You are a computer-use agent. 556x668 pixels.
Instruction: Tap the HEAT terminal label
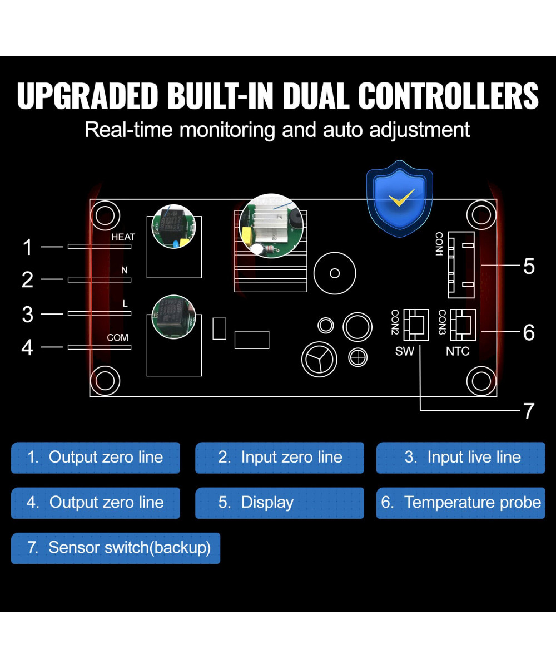pyautogui.click(x=123, y=237)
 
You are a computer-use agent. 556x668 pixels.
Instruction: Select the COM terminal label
pyautogui.click(x=117, y=337)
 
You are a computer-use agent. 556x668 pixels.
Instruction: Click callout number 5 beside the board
pyautogui.click(x=529, y=266)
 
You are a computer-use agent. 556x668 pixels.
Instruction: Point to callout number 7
pyautogui.click(x=528, y=411)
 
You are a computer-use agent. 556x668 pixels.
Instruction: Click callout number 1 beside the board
pyautogui.click(x=28, y=247)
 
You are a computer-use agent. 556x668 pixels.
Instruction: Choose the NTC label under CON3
pyautogui.click(x=458, y=351)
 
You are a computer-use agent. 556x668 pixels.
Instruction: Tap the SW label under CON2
pyautogui.click(x=405, y=351)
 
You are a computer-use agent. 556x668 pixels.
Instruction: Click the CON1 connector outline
pyautogui.click(x=461, y=263)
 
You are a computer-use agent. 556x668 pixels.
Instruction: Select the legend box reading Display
pyautogui.click(x=279, y=503)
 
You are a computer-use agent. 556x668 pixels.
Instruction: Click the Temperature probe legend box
pyautogui.click(x=460, y=503)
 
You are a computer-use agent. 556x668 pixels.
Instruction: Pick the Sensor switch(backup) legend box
pyautogui.click(x=116, y=548)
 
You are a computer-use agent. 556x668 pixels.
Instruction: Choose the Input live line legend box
pyautogui.click(x=460, y=458)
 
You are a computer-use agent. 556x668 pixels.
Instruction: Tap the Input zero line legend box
pyautogui.click(x=279, y=458)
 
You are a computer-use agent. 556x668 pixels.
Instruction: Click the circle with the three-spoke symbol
pyautogui.click(x=319, y=359)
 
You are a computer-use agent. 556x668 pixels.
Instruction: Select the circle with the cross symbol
pyautogui.click(x=358, y=357)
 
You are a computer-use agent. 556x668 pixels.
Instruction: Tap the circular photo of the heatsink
pyautogui.click(x=271, y=225)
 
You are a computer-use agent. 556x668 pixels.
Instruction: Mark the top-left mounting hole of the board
pyautogui.click(x=105, y=214)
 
